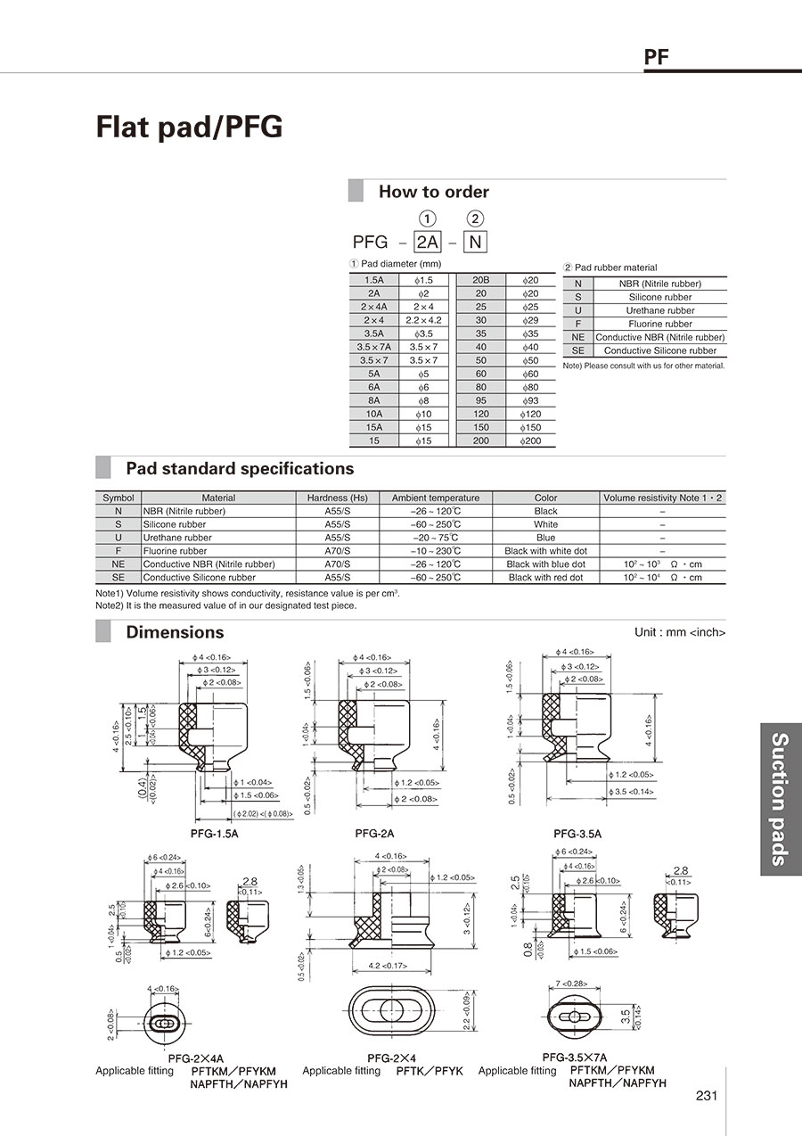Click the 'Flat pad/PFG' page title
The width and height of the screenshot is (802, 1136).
coord(189,128)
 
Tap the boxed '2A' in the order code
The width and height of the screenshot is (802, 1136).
coord(429,241)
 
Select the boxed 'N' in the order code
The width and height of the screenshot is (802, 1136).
coord(476,241)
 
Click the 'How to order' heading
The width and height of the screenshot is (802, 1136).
coord(433,192)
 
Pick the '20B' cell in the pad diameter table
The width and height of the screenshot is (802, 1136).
coord(480,280)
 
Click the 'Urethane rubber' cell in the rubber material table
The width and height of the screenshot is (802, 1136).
coord(659,310)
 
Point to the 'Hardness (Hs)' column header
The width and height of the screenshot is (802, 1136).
coord(337,498)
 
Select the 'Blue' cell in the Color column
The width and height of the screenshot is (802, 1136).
coord(545,538)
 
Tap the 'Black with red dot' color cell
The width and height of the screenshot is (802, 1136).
coord(545,578)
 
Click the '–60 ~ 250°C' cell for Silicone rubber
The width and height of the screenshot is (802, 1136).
coord(435,524)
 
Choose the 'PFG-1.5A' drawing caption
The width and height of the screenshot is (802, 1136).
coord(214,834)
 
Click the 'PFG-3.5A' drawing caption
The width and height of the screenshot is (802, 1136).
coord(577,834)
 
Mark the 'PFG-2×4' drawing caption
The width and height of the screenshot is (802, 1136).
coord(387,1058)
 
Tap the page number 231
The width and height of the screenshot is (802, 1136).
coord(707,1096)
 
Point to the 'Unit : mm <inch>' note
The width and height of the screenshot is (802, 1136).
coord(679,632)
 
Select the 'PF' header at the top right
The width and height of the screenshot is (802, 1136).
coord(657,59)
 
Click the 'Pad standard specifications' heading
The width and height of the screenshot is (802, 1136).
coord(239,469)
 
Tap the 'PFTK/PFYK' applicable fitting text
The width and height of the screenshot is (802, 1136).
coord(430,1071)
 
